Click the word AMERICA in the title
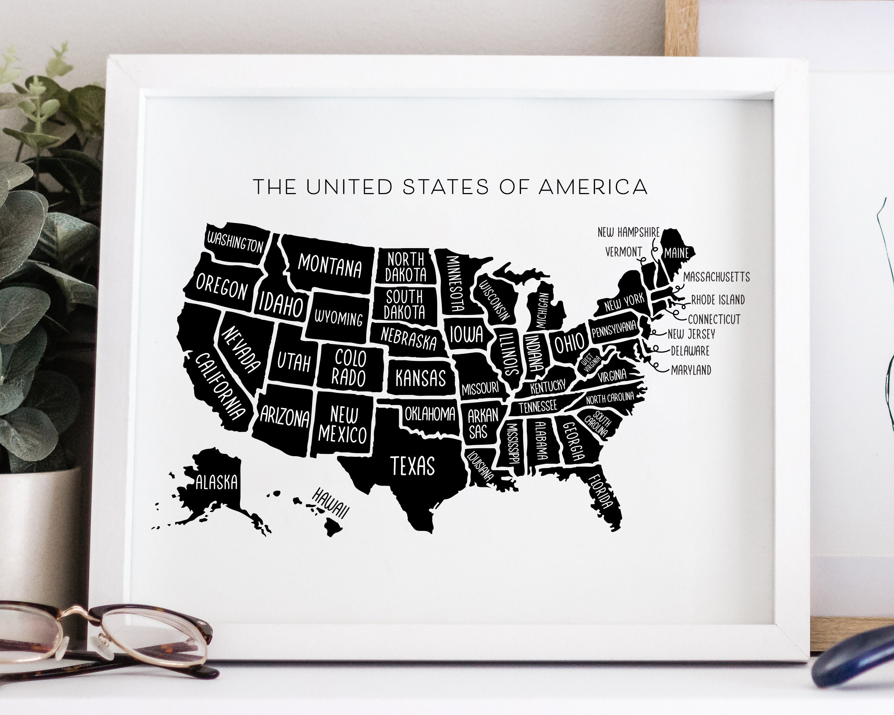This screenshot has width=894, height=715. click(x=593, y=187)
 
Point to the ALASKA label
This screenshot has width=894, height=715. click(x=216, y=482)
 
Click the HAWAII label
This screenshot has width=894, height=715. click(x=330, y=503)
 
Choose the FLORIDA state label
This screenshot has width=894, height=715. click(x=601, y=493)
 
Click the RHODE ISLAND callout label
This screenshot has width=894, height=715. click(x=718, y=300)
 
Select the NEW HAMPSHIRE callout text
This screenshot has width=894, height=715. click(x=628, y=232)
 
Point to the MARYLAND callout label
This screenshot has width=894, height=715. click(x=691, y=370)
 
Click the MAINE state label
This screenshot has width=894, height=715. click(x=676, y=253)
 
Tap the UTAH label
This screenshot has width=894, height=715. click(x=294, y=362)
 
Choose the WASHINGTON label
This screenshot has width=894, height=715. click(x=235, y=243)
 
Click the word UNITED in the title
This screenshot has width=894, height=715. click(x=349, y=187)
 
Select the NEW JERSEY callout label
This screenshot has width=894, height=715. click(x=691, y=334)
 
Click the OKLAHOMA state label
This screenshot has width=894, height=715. click(x=429, y=413)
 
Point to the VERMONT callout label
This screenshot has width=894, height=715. click(x=623, y=252)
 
